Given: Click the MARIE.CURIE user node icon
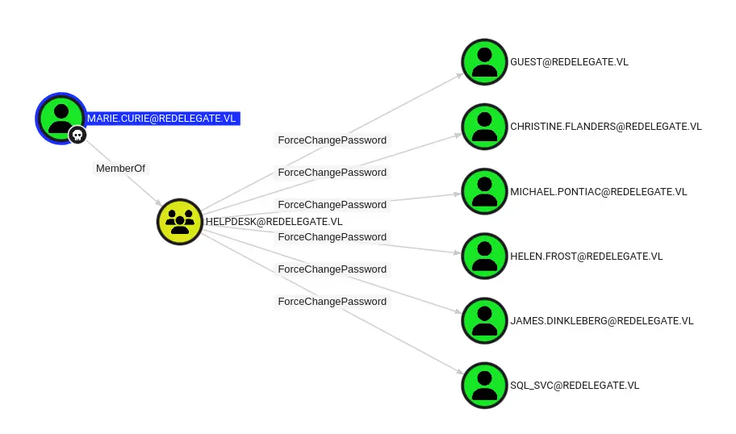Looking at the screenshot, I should tap(61, 118).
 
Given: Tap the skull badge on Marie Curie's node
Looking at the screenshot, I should tap(77, 135).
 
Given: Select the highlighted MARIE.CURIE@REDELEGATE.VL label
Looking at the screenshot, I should tap(162, 119).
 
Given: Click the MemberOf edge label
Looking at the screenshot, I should tap(120, 169).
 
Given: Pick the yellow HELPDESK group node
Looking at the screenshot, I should tap(179, 221).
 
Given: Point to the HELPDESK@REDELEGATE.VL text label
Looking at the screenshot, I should tap(274, 222).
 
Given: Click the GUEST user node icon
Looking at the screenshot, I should tap(484, 62).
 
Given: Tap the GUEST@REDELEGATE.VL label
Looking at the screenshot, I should tap(569, 62).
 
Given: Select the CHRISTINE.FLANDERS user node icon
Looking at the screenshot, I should tap(484, 127).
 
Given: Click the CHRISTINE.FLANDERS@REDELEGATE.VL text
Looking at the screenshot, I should tap(606, 127).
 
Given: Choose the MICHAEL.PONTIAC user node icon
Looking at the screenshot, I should tap(484, 191).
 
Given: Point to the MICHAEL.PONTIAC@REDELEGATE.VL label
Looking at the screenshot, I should tap(598, 192).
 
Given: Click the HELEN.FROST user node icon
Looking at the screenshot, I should tap(484, 256).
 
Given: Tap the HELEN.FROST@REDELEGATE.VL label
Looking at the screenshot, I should tap(586, 257).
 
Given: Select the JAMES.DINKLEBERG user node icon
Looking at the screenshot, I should tap(484, 320).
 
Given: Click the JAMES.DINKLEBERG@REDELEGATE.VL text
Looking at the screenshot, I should tap(601, 321).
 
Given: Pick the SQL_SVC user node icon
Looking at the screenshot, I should tap(484, 385).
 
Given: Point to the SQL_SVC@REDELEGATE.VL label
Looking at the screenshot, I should tap(574, 386).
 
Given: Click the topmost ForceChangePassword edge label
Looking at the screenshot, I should tap(332, 140).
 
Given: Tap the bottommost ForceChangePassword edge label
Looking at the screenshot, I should tap(332, 302).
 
